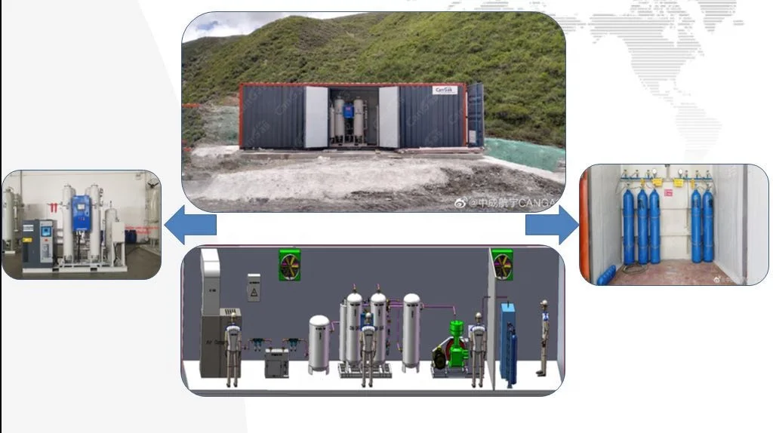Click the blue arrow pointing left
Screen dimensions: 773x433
(190, 226)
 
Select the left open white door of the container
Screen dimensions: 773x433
(316, 117)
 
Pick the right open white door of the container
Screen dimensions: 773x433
(388, 117)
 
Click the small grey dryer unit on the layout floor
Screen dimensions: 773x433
(276, 362)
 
